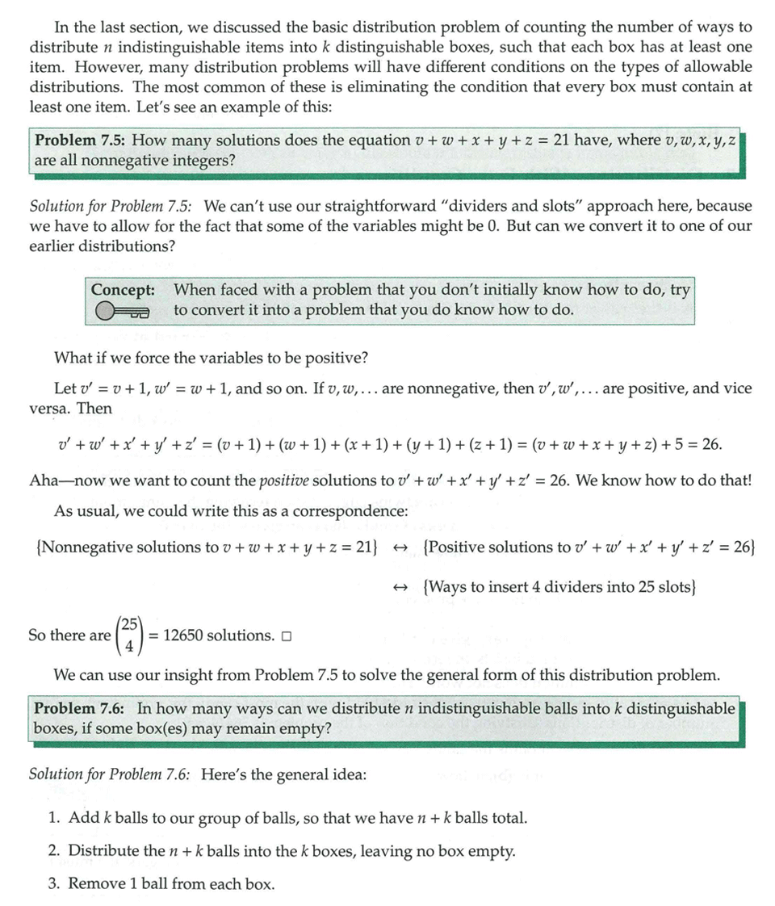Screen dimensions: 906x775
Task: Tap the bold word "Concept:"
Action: pos(123,290)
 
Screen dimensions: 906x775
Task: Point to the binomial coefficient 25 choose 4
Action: pos(129,635)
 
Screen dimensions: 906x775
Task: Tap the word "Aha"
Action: pos(44,480)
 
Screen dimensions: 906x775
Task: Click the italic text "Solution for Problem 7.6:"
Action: pos(110,775)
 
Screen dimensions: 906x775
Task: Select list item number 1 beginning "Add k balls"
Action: pos(287,818)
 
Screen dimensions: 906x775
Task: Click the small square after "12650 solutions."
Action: pos(287,636)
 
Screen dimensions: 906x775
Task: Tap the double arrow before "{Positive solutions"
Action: pos(398,547)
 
